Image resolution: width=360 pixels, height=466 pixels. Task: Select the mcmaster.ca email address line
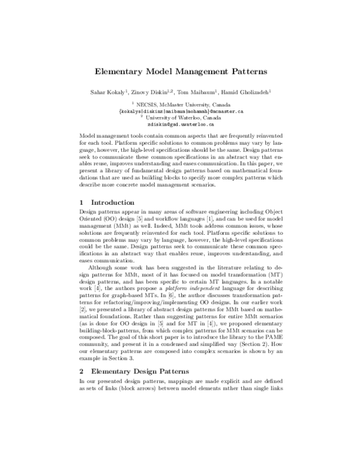(x=181, y=111)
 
